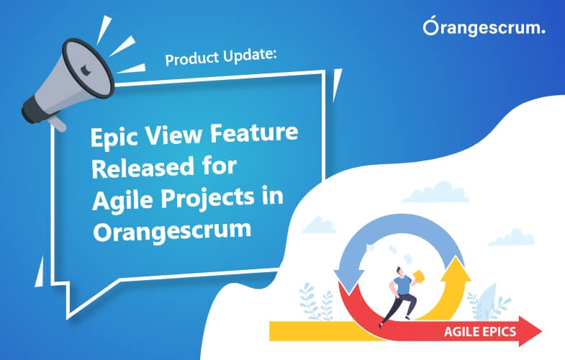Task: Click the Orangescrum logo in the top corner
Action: tap(484, 27)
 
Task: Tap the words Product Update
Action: tap(221, 57)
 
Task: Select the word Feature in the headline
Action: tap(254, 132)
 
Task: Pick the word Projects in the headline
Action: tap(207, 198)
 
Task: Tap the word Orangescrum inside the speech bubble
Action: tap(172, 231)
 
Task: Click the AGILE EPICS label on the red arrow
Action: tap(480, 331)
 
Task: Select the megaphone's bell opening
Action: tap(89, 68)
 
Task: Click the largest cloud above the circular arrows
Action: tap(435, 193)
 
